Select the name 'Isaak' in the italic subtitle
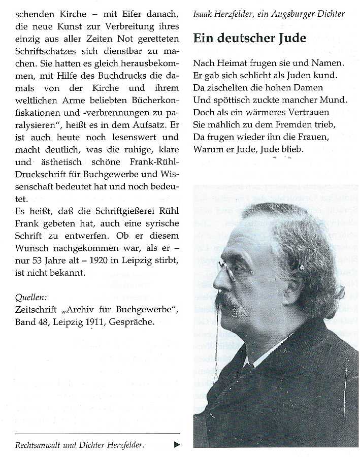tap(203, 14)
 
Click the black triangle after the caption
tap(177, 444)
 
